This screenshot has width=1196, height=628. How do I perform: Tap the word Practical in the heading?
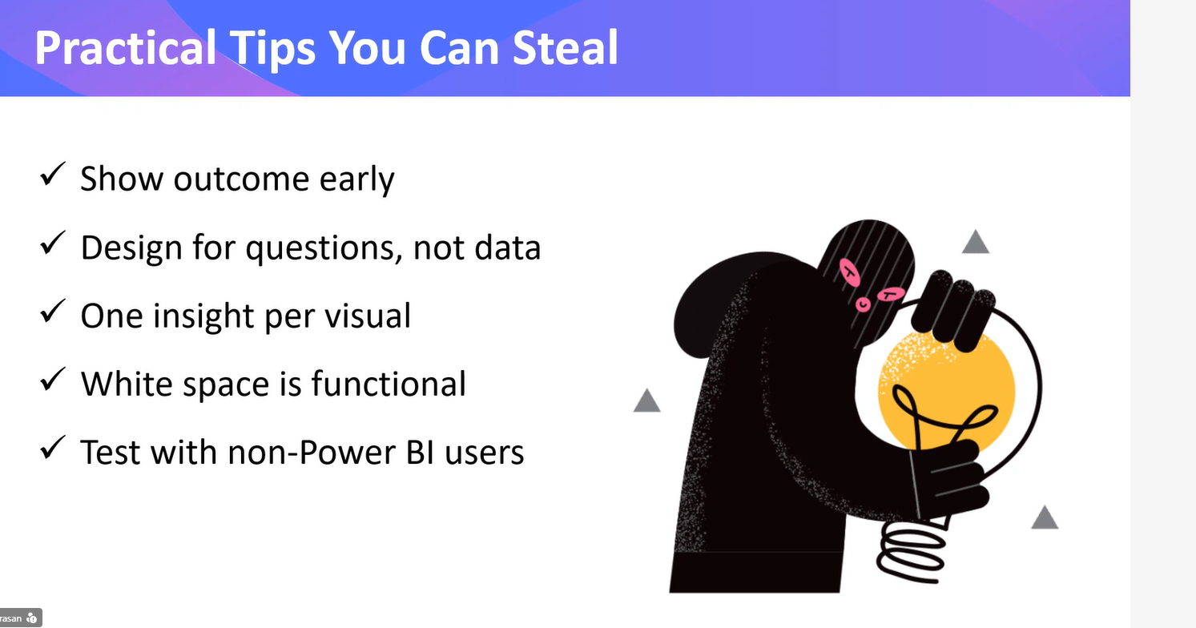click(125, 48)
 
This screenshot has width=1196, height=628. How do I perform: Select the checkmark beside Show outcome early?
click(52, 175)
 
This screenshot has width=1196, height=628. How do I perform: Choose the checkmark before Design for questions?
click(52, 244)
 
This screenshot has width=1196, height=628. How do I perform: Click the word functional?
click(389, 384)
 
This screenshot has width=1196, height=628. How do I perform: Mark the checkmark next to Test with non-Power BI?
click(52, 449)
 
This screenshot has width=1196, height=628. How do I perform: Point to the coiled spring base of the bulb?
click(913, 553)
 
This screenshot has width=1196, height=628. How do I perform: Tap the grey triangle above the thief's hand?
click(975, 242)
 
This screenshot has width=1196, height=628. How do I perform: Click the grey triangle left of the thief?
click(647, 401)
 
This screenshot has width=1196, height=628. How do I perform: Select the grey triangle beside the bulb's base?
click(1044, 518)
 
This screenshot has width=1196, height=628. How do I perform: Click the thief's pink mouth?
click(889, 296)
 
